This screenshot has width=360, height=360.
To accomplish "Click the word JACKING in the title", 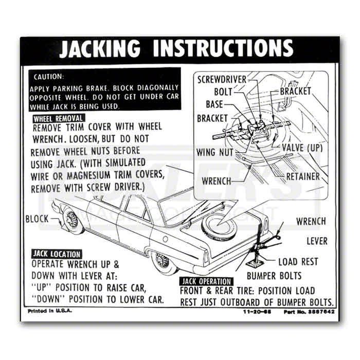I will tap(100, 48).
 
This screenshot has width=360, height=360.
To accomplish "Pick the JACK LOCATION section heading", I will tap(57, 254).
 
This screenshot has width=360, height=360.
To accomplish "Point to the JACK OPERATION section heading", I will tap(205, 281).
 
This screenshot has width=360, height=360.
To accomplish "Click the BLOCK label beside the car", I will tap(37, 219).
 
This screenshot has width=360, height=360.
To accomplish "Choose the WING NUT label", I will tap(215, 152).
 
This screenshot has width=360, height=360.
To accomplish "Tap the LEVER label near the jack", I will tap(317, 241).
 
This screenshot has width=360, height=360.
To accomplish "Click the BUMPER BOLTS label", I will tap(274, 275).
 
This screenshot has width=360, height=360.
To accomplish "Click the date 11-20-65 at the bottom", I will tap(256, 312).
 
